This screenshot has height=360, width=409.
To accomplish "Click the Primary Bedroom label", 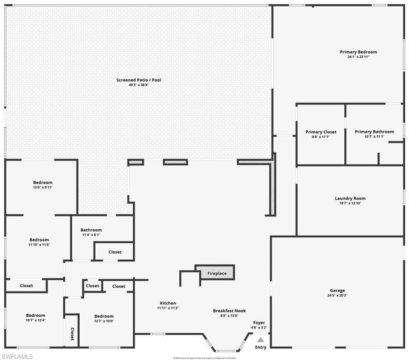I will [x=358, y=52].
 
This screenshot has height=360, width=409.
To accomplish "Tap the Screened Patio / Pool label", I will [x=138, y=80].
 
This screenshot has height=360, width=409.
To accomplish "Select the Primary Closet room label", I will [x=321, y=132].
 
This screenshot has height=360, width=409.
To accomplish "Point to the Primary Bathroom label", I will [x=374, y=132].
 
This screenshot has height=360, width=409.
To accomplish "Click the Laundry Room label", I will [x=350, y=198].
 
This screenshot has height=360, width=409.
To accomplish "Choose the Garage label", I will [x=337, y=291].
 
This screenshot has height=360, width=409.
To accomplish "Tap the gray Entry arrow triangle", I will [x=260, y=339].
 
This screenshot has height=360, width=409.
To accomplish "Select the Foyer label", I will [x=259, y=322].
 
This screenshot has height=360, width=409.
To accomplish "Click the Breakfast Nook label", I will [x=229, y=311].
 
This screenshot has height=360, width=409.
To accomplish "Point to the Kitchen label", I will [x=168, y=303].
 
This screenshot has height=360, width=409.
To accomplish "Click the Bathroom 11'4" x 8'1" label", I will [x=91, y=230].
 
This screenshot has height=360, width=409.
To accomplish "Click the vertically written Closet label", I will [x=72, y=334].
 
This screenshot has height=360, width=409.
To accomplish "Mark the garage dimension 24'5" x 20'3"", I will [x=337, y=296].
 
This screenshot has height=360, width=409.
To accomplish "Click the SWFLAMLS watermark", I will [x=17, y=356].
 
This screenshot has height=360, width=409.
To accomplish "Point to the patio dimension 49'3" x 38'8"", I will [x=138, y=85].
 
